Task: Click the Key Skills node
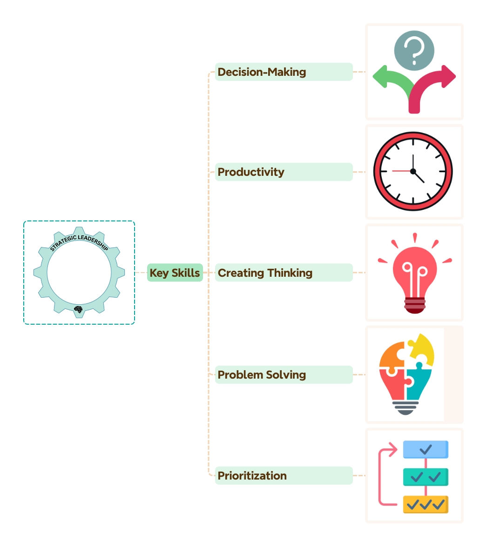click(x=175, y=273)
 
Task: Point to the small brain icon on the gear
click(x=78, y=309)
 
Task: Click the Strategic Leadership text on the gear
click(x=79, y=242)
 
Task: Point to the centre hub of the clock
click(x=413, y=171)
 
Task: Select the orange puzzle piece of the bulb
click(x=391, y=356)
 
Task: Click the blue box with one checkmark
click(x=426, y=450)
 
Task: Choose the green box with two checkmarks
click(x=426, y=477)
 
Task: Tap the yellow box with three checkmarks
click(x=426, y=505)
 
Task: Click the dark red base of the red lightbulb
click(x=414, y=306)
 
